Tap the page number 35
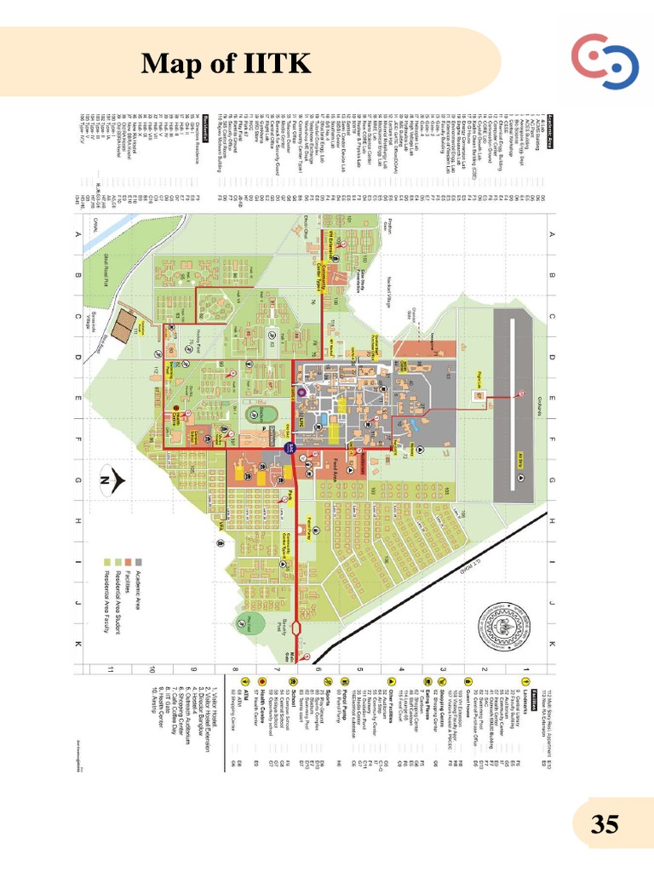[x=605, y=824]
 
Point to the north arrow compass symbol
[x=110, y=482]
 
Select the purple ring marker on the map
[x=300, y=392]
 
